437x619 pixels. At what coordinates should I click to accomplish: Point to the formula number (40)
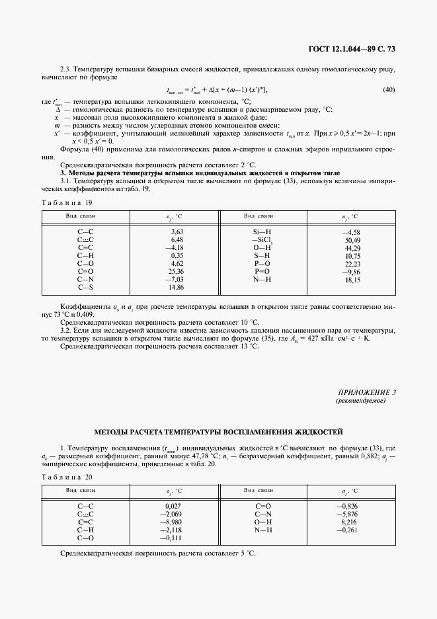click(389, 90)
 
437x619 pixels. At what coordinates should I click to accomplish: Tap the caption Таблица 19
click(67, 202)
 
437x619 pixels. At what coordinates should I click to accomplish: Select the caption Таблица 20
click(67, 477)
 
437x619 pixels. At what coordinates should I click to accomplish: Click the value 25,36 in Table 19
click(177, 271)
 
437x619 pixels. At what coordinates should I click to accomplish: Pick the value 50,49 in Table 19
click(352, 239)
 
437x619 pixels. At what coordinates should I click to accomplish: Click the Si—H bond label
click(262, 231)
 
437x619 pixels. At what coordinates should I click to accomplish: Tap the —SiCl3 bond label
click(262, 240)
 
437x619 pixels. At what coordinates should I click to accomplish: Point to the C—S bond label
click(86, 287)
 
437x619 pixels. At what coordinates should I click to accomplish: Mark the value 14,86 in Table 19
click(177, 287)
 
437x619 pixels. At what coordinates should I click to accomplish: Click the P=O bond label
click(262, 271)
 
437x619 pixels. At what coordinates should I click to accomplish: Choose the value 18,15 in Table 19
click(352, 279)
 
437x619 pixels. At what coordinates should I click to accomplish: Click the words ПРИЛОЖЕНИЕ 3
click(366, 392)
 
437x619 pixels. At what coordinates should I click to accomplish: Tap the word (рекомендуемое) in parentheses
click(366, 401)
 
